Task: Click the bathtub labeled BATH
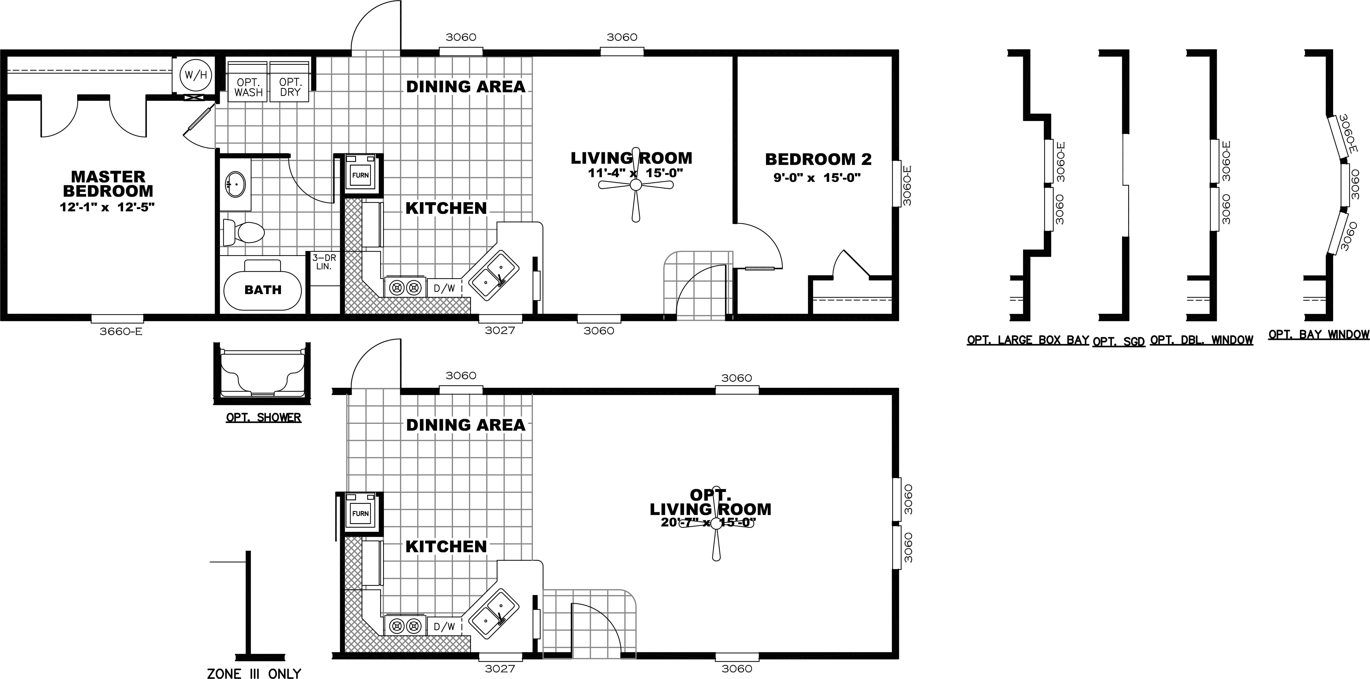[263, 290]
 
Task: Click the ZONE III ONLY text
[254, 673]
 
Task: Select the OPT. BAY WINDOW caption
[1318, 334]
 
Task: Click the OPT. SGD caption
[1118, 342]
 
